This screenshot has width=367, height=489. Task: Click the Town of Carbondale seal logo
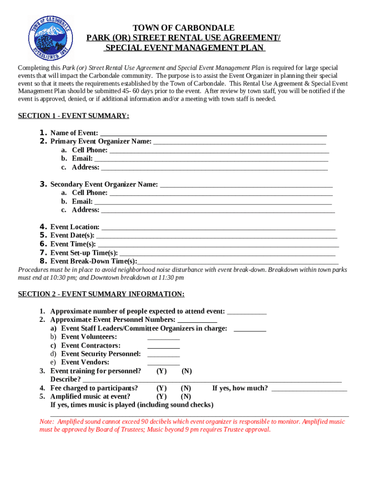click(x=51, y=37)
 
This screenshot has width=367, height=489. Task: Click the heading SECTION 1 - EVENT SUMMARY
click(x=73, y=116)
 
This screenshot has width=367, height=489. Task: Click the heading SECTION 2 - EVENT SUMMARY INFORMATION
click(x=101, y=294)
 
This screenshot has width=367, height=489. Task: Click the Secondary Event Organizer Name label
click(x=104, y=184)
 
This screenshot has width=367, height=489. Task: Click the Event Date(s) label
click(x=72, y=235)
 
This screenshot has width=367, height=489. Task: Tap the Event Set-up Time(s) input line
click(x=227, y=254)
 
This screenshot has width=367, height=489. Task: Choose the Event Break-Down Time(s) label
click(x=93, y=261)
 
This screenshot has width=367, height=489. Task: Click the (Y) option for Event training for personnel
click(x=162, y=371)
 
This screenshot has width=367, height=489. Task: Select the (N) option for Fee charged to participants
click(x=186, y=388)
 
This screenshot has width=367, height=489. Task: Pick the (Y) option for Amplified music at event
click(x=162, y=396)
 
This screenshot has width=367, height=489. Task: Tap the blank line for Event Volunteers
click(x=163, y=338)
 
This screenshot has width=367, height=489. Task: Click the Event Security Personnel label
click(x=101, y=354)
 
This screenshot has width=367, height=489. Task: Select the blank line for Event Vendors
click(x=163, y=363)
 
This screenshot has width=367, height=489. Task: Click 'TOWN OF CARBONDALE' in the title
click(x=183, y=28)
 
